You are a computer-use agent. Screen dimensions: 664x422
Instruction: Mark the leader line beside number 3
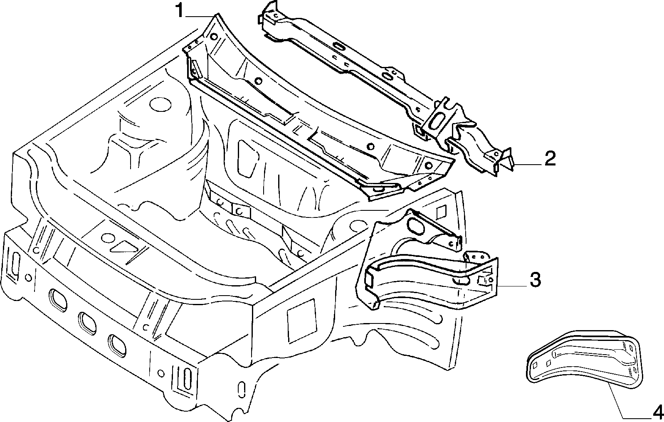[512, 286]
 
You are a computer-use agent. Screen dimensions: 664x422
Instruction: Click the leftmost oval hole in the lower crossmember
[57, 300]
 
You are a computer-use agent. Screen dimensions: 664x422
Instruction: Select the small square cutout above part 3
[442, 211]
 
